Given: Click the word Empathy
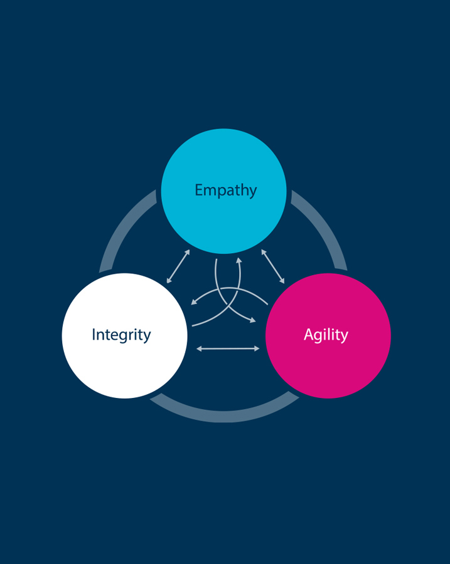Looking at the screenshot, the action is [x=225, y=191].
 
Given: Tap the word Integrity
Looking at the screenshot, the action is [x=121, y=335].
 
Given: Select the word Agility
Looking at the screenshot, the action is [x=326, y=335].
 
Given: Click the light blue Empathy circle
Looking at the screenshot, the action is [x=223, y=191].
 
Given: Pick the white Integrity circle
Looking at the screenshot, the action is [x=125, y=336].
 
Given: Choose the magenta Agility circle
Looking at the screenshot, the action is [x=328, y=336].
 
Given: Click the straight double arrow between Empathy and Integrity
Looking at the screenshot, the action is [x=178, y=266].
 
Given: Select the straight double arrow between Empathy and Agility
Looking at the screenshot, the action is [x=273, y=266].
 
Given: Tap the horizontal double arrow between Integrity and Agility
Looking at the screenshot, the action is [x=228, y=348].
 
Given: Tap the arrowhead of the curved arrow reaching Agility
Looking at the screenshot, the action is [x=252, y=320].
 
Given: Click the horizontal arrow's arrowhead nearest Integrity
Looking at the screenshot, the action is [x=199, y=348].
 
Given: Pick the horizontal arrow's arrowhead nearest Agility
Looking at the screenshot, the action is [x=257, y=348].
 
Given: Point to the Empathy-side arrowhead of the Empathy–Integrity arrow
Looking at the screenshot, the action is [x=188, y=252].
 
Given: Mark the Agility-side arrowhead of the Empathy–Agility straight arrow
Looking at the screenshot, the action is [x=282, y=281].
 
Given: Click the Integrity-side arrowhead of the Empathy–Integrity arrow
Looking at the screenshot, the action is [x=169, y=281].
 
